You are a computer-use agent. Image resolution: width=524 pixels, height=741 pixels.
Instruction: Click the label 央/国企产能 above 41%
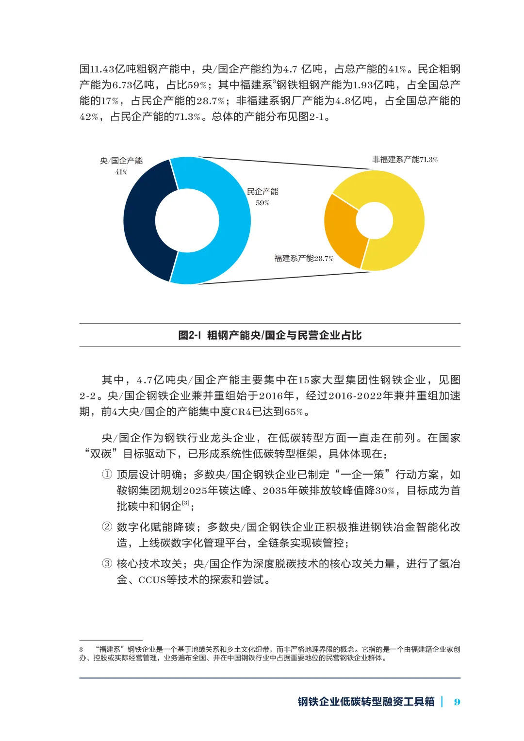pos(121,161)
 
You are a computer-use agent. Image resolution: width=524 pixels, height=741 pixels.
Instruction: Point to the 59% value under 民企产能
pos(262,203)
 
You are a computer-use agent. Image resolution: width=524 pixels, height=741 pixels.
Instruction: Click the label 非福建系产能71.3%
pos(405,160)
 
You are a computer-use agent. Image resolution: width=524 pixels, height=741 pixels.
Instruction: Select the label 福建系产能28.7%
pos(304,258)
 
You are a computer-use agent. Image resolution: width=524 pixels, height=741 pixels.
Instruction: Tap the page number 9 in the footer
pos(457,702)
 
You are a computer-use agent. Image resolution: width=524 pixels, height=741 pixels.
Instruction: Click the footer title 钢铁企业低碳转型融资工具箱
pos(366,702)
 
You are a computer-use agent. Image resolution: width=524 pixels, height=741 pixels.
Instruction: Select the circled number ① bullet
pos(107,475)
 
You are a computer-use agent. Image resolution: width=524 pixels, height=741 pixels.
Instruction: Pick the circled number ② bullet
pos(107,527)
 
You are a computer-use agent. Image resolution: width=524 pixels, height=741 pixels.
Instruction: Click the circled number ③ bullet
pos(107,564)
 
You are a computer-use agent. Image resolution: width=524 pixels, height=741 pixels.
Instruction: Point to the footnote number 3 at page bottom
pos(82,649)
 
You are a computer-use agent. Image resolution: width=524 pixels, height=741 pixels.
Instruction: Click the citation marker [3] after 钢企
pos(186,504)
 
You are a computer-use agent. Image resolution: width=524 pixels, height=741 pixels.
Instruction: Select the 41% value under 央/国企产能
pos(121,172)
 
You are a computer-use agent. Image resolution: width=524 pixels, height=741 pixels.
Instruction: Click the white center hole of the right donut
pos(374,220)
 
